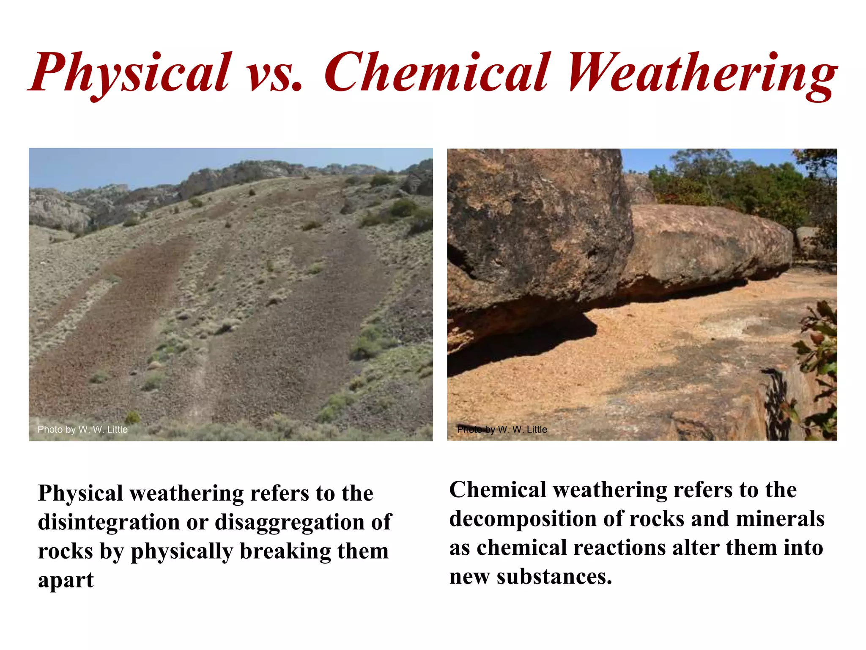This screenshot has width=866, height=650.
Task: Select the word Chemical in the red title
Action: coord(438,72)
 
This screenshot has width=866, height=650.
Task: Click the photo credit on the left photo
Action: coord(82,430)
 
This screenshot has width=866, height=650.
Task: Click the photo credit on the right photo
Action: coord(502,430)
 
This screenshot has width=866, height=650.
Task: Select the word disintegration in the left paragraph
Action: coord(109,522)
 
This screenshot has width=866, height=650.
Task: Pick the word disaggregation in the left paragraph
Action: coord(290,523)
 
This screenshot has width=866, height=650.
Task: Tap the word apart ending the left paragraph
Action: coord(66,581)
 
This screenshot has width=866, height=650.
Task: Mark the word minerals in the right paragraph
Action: coord(780,519)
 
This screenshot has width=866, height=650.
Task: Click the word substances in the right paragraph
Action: coord(554,576)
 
